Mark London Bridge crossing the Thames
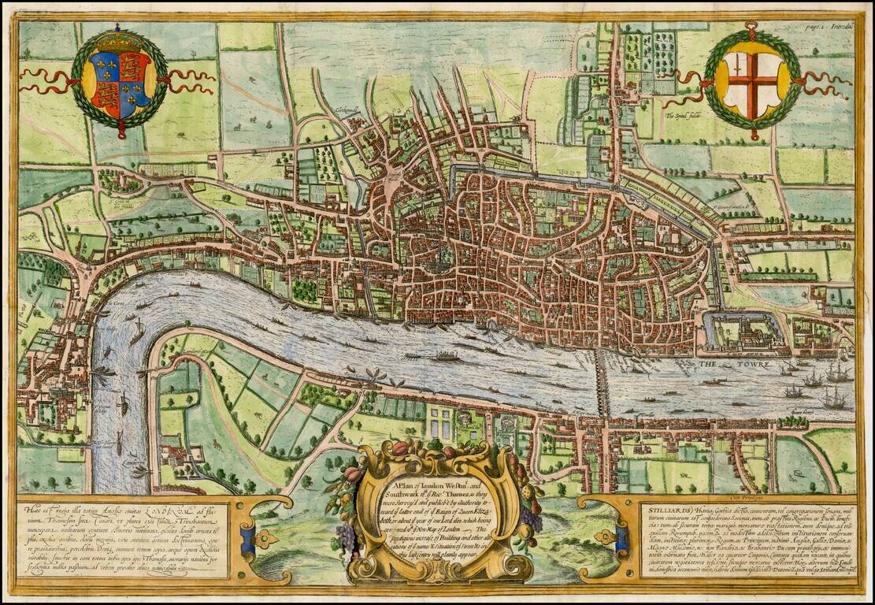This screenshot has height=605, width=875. point(602,386)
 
